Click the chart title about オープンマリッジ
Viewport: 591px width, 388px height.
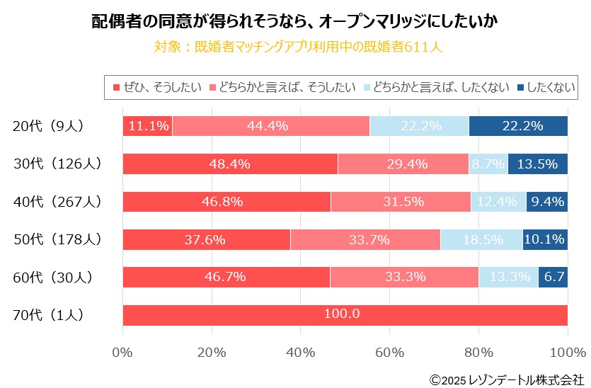coord(295,21)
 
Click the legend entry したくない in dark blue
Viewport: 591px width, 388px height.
coord(545,87)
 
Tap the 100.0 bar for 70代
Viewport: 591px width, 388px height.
coord(345,314)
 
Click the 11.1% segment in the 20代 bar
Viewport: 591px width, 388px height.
coord(147,126)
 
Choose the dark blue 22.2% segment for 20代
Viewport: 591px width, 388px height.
coord(518,126)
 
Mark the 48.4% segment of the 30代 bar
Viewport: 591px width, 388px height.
coord(230,164)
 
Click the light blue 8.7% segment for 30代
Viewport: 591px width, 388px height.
coord(488,164)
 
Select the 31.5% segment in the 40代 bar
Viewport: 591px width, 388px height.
coord(400,201)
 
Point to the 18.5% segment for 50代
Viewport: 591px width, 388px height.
coord(481,239)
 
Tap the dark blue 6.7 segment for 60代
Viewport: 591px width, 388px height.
coord(553,277)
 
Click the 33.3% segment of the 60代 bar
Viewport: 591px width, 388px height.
coord(404,277)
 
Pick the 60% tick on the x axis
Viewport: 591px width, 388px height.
coord(389,351)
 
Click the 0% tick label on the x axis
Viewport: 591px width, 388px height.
coord(122,351)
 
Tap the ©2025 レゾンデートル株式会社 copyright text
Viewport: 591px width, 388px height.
coord(507,380)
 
